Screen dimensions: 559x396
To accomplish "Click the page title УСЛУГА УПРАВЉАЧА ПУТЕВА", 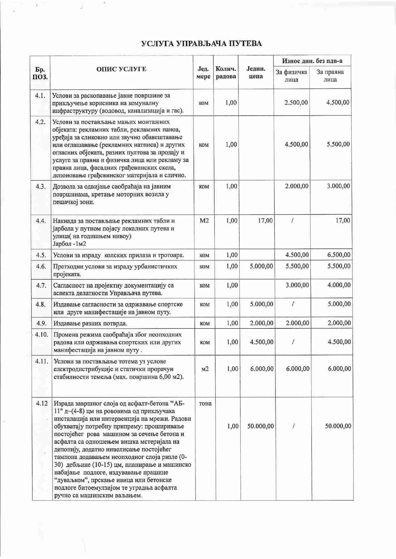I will tap(202, 44).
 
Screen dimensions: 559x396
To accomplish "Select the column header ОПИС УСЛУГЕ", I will tap(121, 69).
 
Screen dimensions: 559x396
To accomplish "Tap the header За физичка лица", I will tap(291, 76).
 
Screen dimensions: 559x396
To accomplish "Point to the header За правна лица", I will tap(330, 76).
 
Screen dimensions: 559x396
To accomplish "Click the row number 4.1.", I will tap(40, 96).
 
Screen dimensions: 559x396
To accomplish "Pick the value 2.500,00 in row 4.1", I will tap(296, 103).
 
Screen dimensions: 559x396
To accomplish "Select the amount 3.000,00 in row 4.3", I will tap(338, 186).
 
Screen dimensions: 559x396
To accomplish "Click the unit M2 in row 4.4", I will tap(204, 220).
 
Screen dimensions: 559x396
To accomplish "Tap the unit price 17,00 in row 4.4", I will tap(265, 220).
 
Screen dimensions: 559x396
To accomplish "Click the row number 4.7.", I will tap(41, 285).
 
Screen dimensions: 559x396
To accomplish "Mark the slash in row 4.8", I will tap(293, 304).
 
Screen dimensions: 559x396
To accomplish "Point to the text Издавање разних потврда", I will tap(90, 324).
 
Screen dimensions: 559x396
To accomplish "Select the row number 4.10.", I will tap(41, 334).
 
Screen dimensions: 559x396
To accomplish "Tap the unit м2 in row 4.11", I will tap(205, 369).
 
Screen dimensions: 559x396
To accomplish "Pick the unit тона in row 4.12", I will tap(205, 404).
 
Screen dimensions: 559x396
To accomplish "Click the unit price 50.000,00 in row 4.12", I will tap(260, 426).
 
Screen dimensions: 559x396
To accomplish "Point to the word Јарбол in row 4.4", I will tap(62, 244).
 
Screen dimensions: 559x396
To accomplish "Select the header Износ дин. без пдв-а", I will tap(312, 61).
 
